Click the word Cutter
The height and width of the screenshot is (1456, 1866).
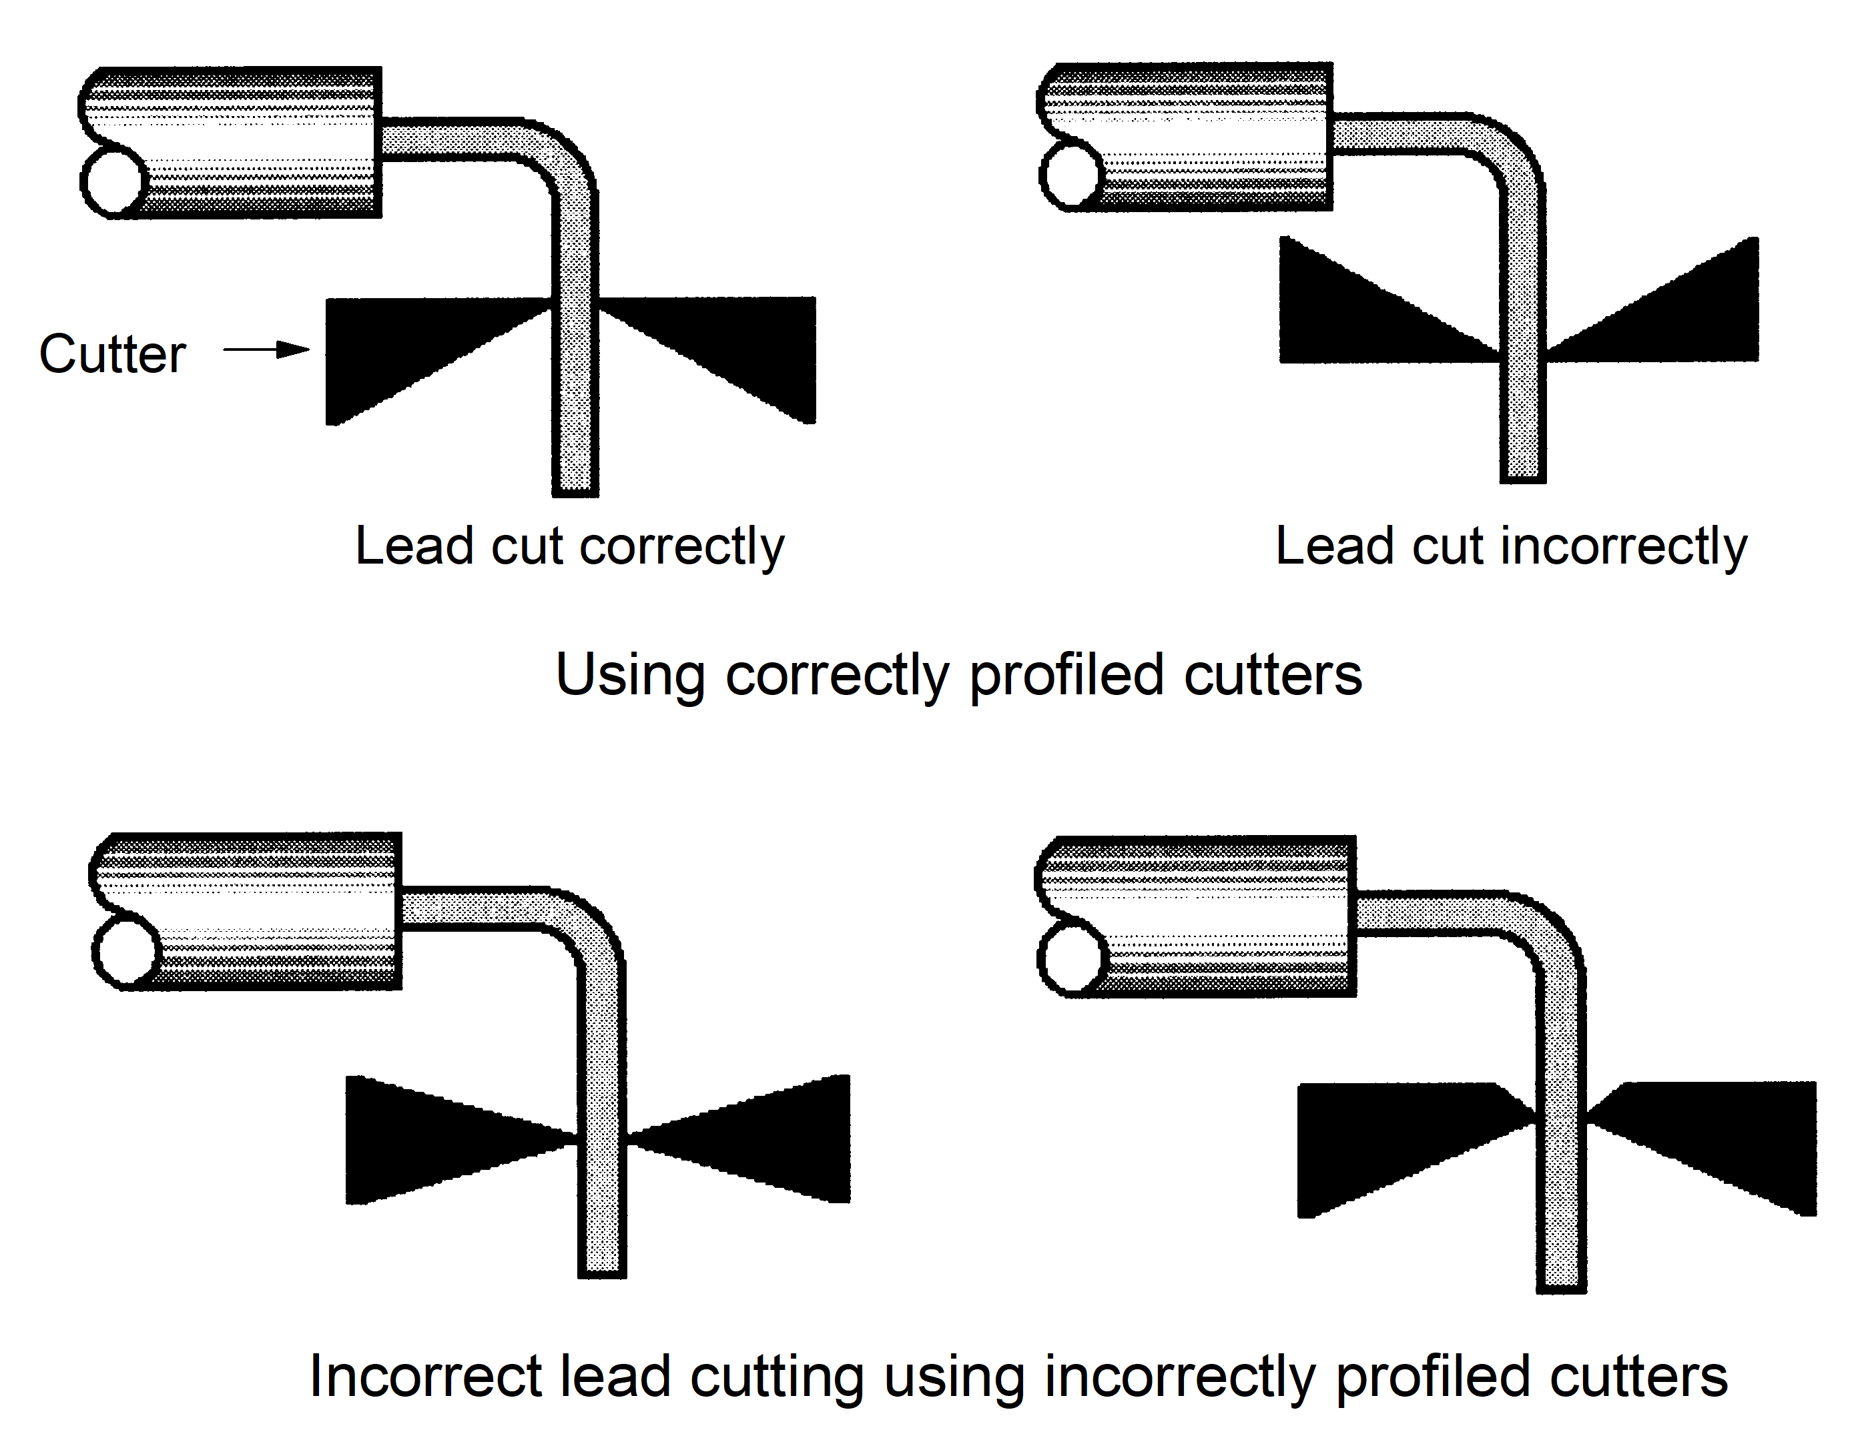pyautogui.click(x=112, y=353)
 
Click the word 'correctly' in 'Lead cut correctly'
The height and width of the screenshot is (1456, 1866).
pyautogui.click(x=682, y=546)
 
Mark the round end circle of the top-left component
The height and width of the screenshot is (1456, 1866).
pyautogui.click(x=113, y=181)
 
